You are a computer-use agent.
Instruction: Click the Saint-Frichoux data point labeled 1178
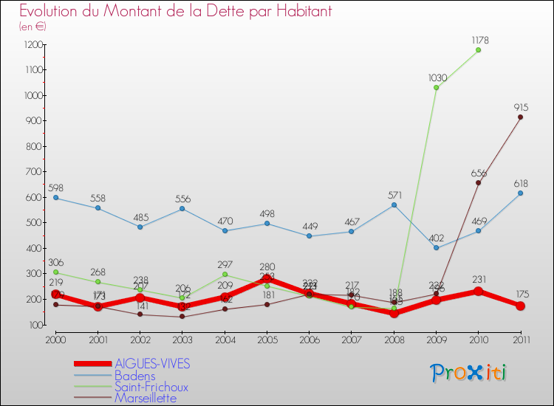tap(478, 50)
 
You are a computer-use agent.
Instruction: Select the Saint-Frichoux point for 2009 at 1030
tap(436, 88)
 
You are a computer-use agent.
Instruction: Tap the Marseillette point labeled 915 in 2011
tap(520, 117)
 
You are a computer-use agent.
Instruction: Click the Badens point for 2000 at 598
tap(55, 198)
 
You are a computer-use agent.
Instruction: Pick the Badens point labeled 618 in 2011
tap(520, 193)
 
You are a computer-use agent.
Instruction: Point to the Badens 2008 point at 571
tap(394, 204)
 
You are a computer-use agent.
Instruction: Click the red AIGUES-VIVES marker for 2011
tap(520, 306)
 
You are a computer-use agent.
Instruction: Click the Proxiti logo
tap(470, 373)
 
